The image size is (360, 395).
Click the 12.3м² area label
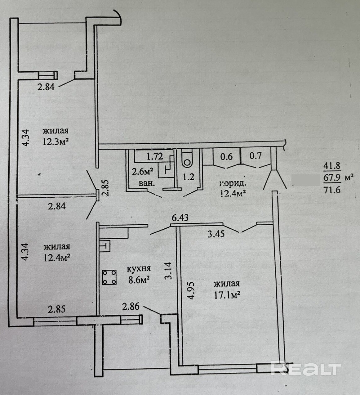point(56,142)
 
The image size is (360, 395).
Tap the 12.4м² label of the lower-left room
point(57,257)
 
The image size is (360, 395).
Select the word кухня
point(140,268)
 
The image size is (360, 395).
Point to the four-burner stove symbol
point(109,277)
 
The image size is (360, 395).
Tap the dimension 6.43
point(180,218)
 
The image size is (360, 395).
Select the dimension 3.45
point(216,234)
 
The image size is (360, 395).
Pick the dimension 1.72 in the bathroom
point(155,156)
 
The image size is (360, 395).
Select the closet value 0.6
point(226,156)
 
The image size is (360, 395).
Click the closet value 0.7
point(255,156)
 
